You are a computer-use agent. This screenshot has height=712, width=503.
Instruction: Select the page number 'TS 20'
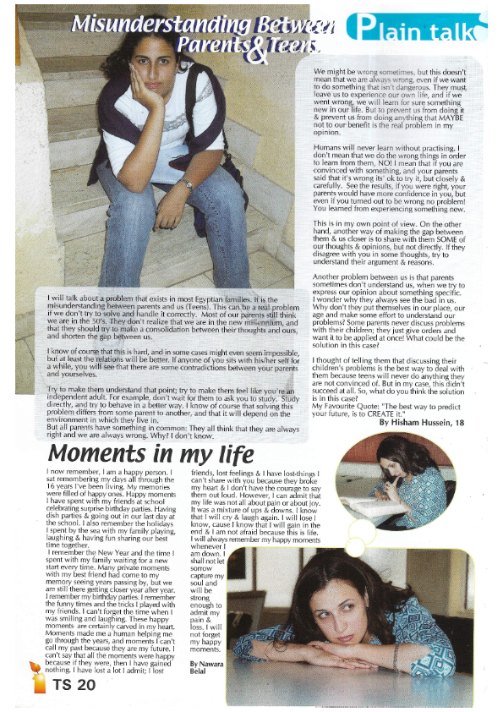75,686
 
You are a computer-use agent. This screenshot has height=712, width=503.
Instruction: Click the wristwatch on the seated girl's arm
188,183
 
